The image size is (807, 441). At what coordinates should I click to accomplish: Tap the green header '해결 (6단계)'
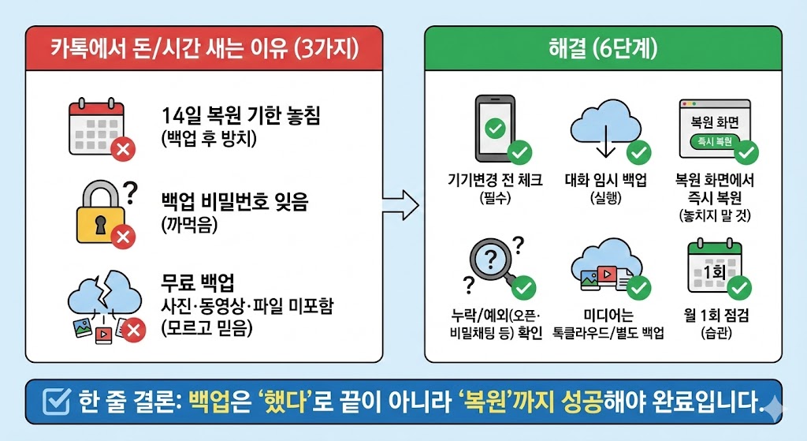(604, 48)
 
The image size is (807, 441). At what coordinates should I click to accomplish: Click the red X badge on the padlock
(122, 235)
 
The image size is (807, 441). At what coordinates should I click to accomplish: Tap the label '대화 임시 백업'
(606, 181)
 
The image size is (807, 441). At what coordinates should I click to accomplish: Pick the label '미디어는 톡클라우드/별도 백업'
(608, 323)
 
